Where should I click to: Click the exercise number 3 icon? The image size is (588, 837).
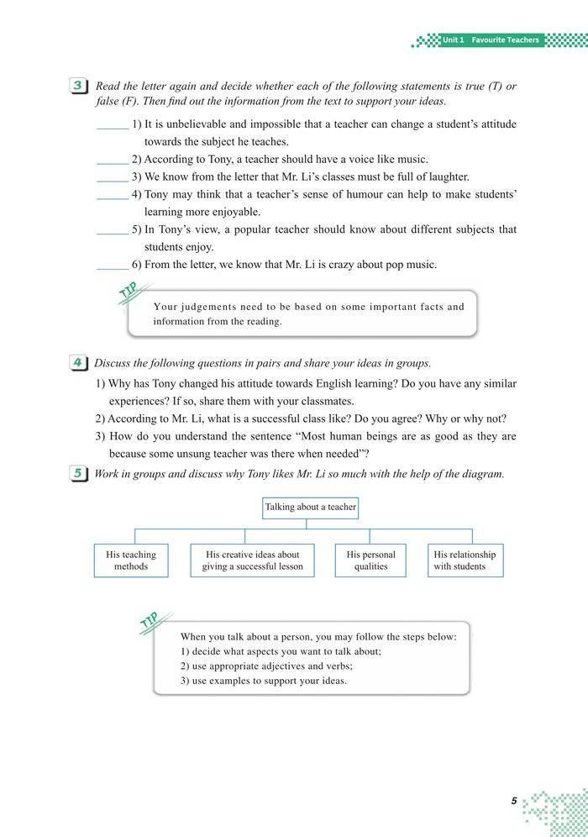tap(77, 87)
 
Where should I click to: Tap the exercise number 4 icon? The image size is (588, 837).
tap(77, 363)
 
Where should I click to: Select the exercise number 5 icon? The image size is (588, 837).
tap(77, 474)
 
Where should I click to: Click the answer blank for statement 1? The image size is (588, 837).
tap(112, 125)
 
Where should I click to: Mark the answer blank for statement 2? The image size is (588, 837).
tap(112, 160)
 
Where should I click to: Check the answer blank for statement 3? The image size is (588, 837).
tap(112, 177)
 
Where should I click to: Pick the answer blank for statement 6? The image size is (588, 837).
tap(112, 266)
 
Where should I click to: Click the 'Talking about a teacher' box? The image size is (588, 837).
tap(310, 508)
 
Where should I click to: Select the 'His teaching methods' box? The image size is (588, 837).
tap(131, 561)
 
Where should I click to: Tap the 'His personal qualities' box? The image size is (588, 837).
tap(370, 561)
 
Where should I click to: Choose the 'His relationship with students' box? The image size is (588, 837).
tap(465, 561)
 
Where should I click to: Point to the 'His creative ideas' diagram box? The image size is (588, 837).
tap(252, 561)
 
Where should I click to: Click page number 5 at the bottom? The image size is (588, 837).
tap(513, 801)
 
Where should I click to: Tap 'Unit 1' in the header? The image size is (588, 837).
tap(454, 39)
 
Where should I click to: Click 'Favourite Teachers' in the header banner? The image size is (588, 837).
tap(505, 39)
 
